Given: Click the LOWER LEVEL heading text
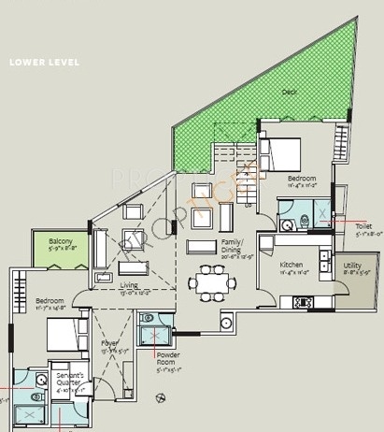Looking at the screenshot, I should (44, 64).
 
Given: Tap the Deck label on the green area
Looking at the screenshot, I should (289, 93).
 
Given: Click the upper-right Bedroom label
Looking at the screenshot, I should (301, 178).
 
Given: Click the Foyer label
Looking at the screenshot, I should (109, 344).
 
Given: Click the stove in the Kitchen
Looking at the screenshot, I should (304, 302).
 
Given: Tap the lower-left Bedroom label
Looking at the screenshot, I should (52, 301).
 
